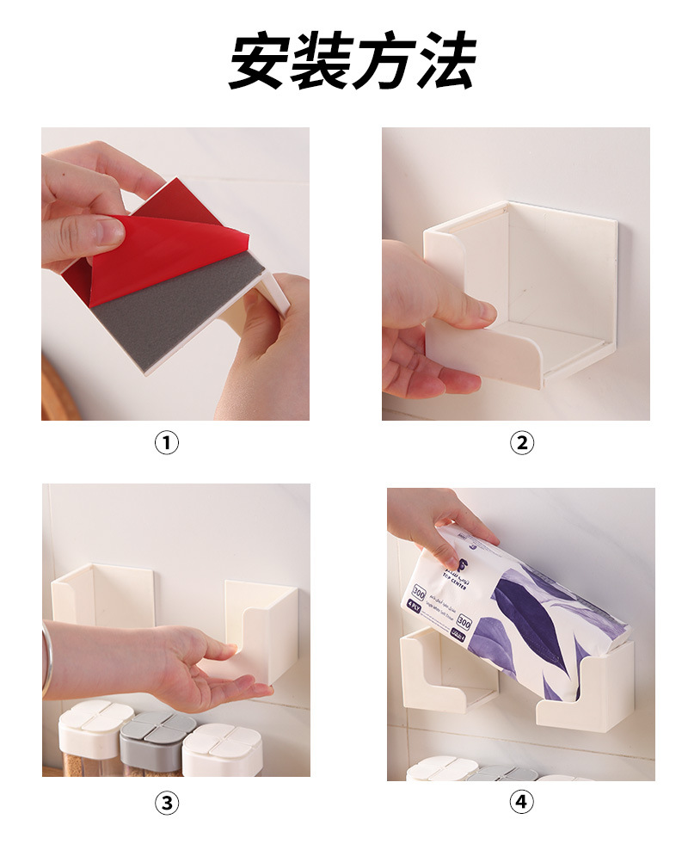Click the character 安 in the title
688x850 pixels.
pos(259,62)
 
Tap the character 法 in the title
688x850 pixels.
pos(444,62)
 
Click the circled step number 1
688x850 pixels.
pos(167,443)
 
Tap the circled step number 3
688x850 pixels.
pos(167,803)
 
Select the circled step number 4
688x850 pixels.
pos(521,803)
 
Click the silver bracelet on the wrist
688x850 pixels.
pos(46,658)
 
